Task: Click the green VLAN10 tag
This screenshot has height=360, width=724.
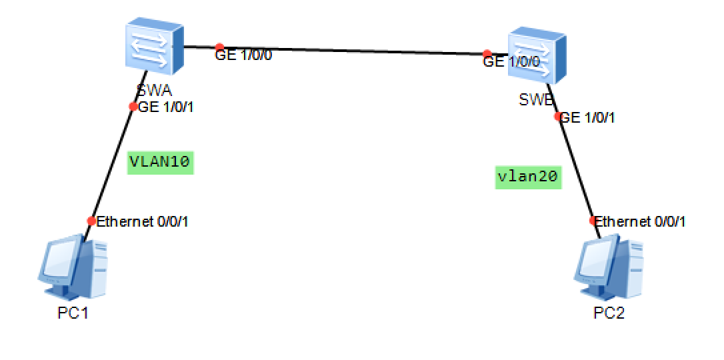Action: click(161, 161)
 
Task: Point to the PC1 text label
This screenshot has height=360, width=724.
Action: click(73, 312)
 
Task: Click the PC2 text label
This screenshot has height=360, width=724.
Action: click(609, 312)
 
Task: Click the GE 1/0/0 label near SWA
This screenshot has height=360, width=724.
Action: click(243, 55)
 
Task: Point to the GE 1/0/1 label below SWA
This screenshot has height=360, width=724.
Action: click(166, 107)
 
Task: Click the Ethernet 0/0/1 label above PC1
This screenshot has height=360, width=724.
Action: click(143, 221)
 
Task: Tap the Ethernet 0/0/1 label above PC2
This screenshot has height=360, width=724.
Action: click(640, 221)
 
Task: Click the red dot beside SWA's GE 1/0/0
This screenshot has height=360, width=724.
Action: click(219, 47)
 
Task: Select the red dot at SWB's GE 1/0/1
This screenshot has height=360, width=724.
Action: click(558, 116)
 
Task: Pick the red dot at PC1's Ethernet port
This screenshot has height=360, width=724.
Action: click(91, 221)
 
